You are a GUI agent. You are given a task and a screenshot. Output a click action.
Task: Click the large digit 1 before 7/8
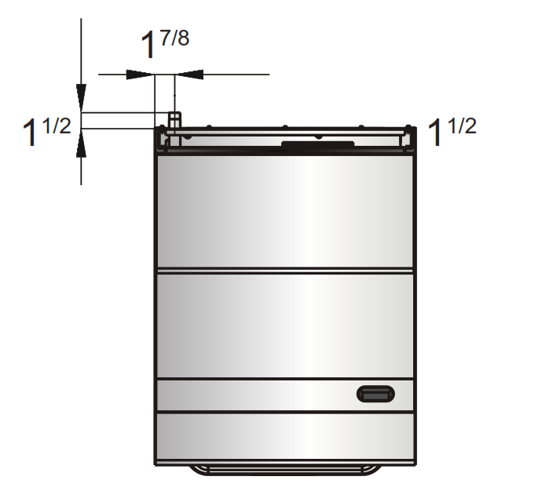tap(148, 48)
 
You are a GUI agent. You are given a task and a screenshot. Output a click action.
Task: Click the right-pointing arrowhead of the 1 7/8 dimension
tap(140, 75)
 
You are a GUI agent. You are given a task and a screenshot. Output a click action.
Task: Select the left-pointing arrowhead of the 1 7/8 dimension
tap(189, 75)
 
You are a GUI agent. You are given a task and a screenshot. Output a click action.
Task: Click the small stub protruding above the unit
tap(174, 118)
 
